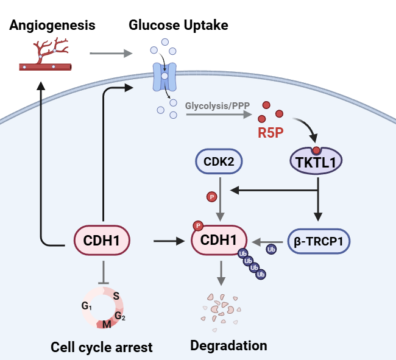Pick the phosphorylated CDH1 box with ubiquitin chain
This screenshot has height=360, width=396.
(x=219, y=241)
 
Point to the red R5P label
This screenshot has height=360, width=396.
(x=270, y=132)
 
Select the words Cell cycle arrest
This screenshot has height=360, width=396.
(x=102, y=347)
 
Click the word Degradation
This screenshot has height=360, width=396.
(x=228, y=345)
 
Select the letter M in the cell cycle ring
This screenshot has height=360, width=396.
(x=107, y=323)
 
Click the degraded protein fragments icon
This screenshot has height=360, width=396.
(x=221, y=308)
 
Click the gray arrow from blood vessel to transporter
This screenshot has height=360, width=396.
(x=110, y=54)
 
